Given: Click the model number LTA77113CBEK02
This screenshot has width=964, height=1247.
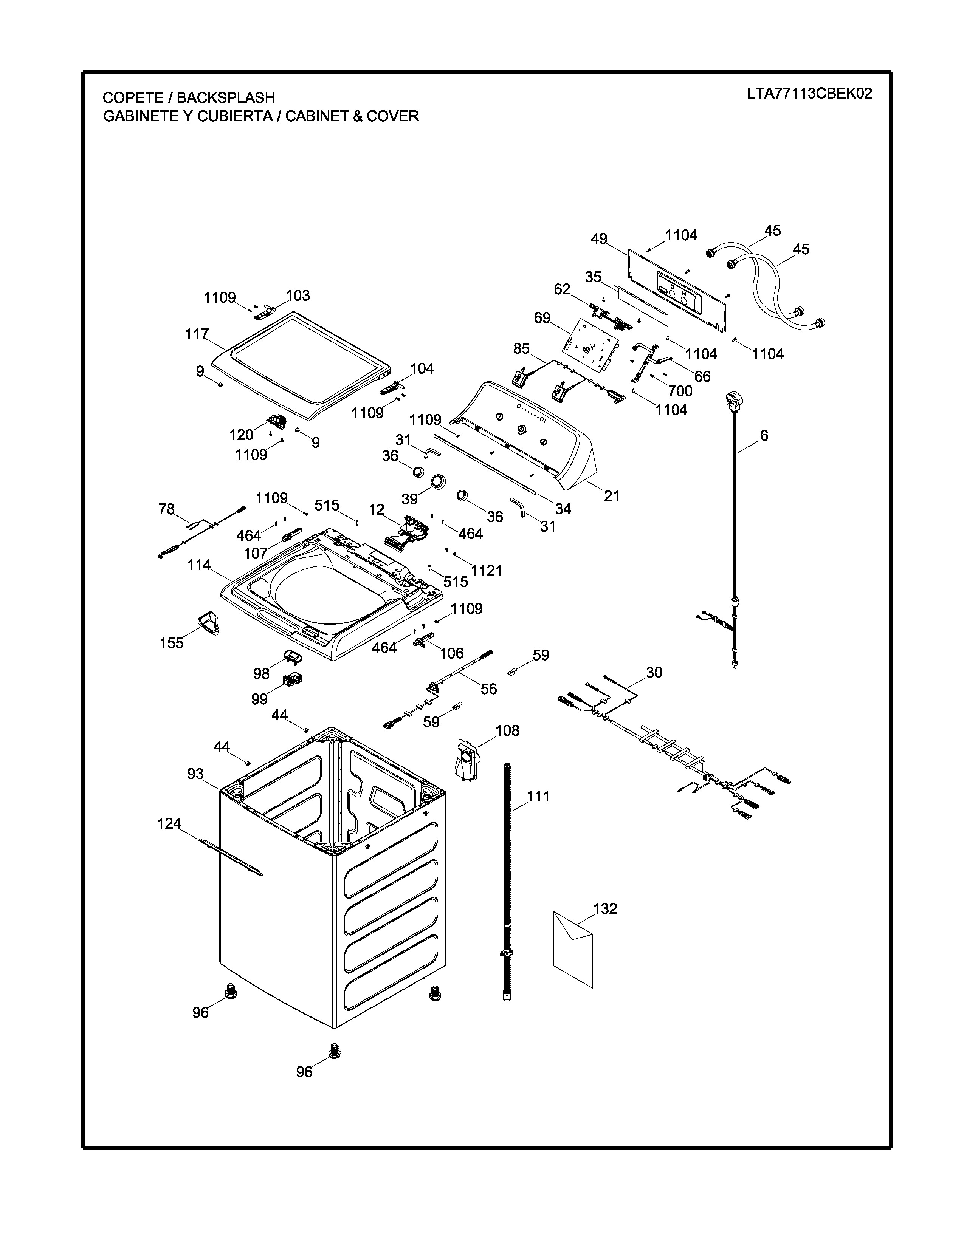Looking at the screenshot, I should click(809, 94).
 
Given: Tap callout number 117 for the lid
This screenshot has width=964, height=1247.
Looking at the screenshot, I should click(197, 334).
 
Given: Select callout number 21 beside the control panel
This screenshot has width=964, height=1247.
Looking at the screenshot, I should click(612, 496).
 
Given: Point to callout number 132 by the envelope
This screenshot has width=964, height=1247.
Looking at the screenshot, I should click(605, 908).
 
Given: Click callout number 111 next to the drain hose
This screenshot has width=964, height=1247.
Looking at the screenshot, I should click(538, 796).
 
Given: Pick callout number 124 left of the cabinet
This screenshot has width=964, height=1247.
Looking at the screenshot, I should click(169, 823).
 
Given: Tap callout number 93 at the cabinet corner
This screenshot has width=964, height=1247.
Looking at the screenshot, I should click(195, 774).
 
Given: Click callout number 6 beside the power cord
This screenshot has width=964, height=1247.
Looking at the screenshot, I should click(764, 436).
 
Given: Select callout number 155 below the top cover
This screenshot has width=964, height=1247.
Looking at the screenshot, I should click(171, 643).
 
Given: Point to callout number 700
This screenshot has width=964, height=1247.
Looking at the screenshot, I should click(680, 391).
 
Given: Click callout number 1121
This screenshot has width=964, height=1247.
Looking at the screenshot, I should click(487, 570).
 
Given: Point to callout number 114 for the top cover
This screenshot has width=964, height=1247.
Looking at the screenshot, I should click(199, 565).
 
